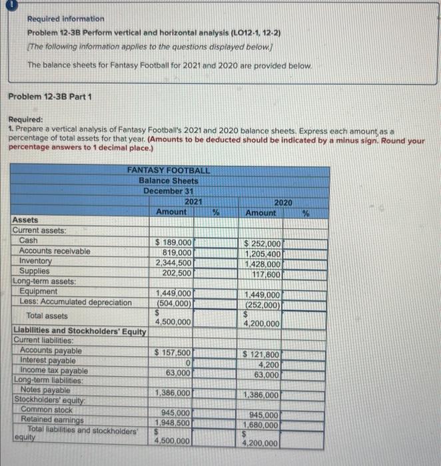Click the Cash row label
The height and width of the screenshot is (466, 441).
(x=29, y=240)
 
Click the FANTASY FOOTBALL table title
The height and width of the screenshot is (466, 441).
(x=169, y=170)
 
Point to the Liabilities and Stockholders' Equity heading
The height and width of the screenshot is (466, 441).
(x=79, y=331)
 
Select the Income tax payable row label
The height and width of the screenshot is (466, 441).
(x=54, y=370)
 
